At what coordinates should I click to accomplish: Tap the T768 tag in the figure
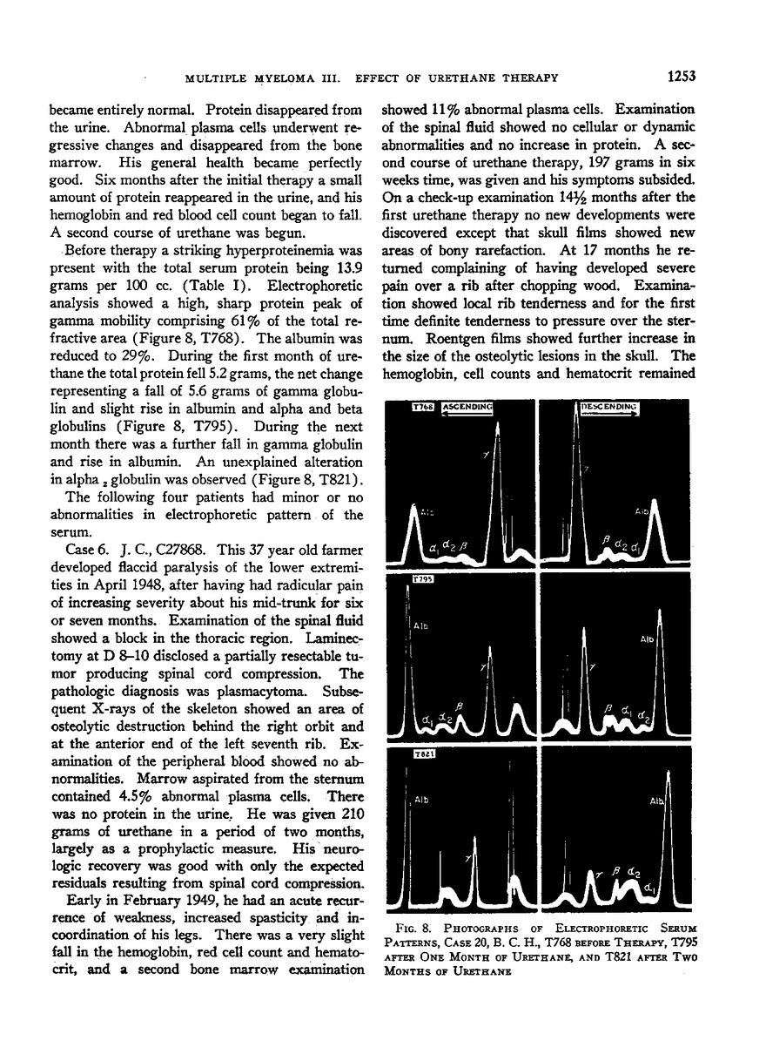(x=422, y=407)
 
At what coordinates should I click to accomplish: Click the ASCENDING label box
(x=467, y=407)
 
